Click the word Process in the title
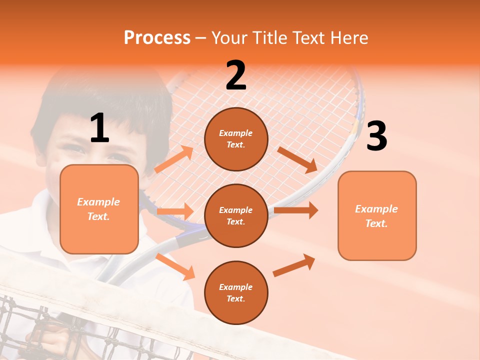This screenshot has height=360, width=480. tap(157, 37)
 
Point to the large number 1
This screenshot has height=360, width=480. tap(99, 128)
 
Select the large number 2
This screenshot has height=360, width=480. tap(236, 75)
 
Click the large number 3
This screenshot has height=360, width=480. tap(376, 136)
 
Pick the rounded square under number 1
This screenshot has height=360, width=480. tap(99, 209)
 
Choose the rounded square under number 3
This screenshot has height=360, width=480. tap(377, 216)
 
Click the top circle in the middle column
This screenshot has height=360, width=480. tap(236, 139)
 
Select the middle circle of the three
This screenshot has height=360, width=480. tap(236, 216)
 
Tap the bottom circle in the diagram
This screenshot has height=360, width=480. tap(236, 293)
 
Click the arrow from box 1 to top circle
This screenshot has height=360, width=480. tap(173, 159)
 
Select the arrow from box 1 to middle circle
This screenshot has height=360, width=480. tap(174, 211)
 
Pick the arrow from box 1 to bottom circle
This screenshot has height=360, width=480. tap(175, 266)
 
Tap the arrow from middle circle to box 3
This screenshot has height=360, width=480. tap(296, 210)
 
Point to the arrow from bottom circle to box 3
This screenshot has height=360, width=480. tap(294, 265)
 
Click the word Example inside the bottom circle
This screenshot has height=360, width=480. tap(236, 287)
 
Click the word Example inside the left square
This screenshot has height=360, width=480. tap(98, 202)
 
